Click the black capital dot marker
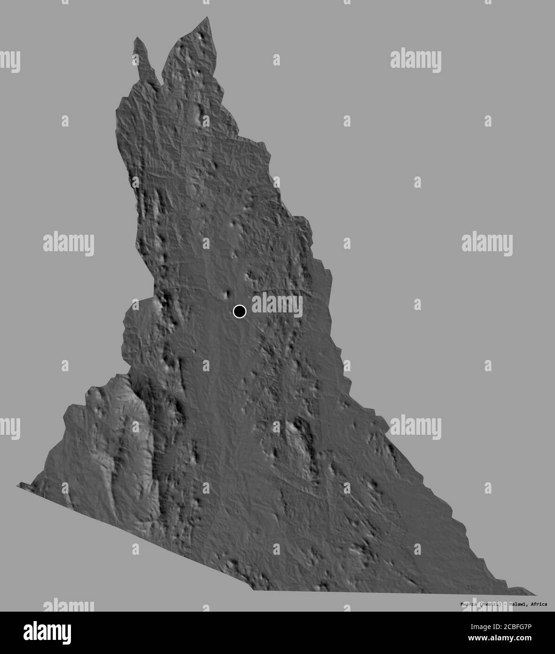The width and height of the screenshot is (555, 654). [x=239, y=311]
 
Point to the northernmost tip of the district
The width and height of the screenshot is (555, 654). [x=207, y=17]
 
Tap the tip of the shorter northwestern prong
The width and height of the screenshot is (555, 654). [x=137, y=38]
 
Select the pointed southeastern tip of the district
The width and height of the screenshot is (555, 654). [x=535, y=595]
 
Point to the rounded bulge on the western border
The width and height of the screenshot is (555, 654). [x=125, y=329]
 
